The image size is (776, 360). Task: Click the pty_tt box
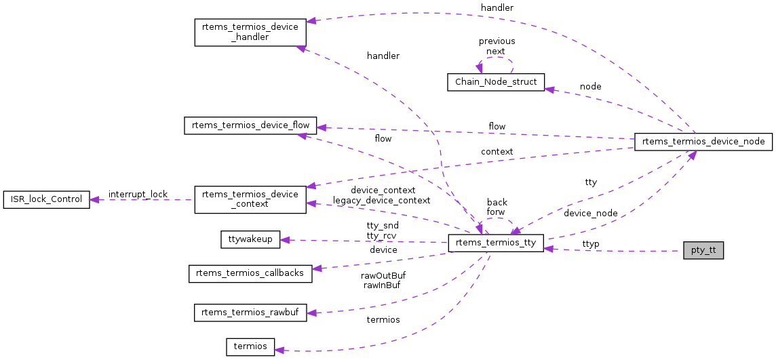703,251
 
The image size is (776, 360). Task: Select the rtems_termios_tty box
496,244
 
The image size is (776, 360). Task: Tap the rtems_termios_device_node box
703,142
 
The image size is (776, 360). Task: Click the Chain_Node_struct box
496,82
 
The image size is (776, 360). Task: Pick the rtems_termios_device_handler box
250,32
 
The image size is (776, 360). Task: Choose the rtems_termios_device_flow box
250,125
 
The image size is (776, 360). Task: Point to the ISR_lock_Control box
47,199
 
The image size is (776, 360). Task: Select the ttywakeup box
250,239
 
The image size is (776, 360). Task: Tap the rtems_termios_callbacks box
250,273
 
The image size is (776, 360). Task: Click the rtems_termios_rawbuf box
250,313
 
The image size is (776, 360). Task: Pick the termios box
250,346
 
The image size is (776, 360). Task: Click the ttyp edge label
591,243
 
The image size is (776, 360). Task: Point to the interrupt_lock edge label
138,195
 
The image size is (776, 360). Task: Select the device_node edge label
590,213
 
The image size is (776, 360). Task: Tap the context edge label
497,151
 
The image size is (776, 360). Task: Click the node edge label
590,87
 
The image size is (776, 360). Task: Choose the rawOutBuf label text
383,276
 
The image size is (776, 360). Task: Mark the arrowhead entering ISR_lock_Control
95,199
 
